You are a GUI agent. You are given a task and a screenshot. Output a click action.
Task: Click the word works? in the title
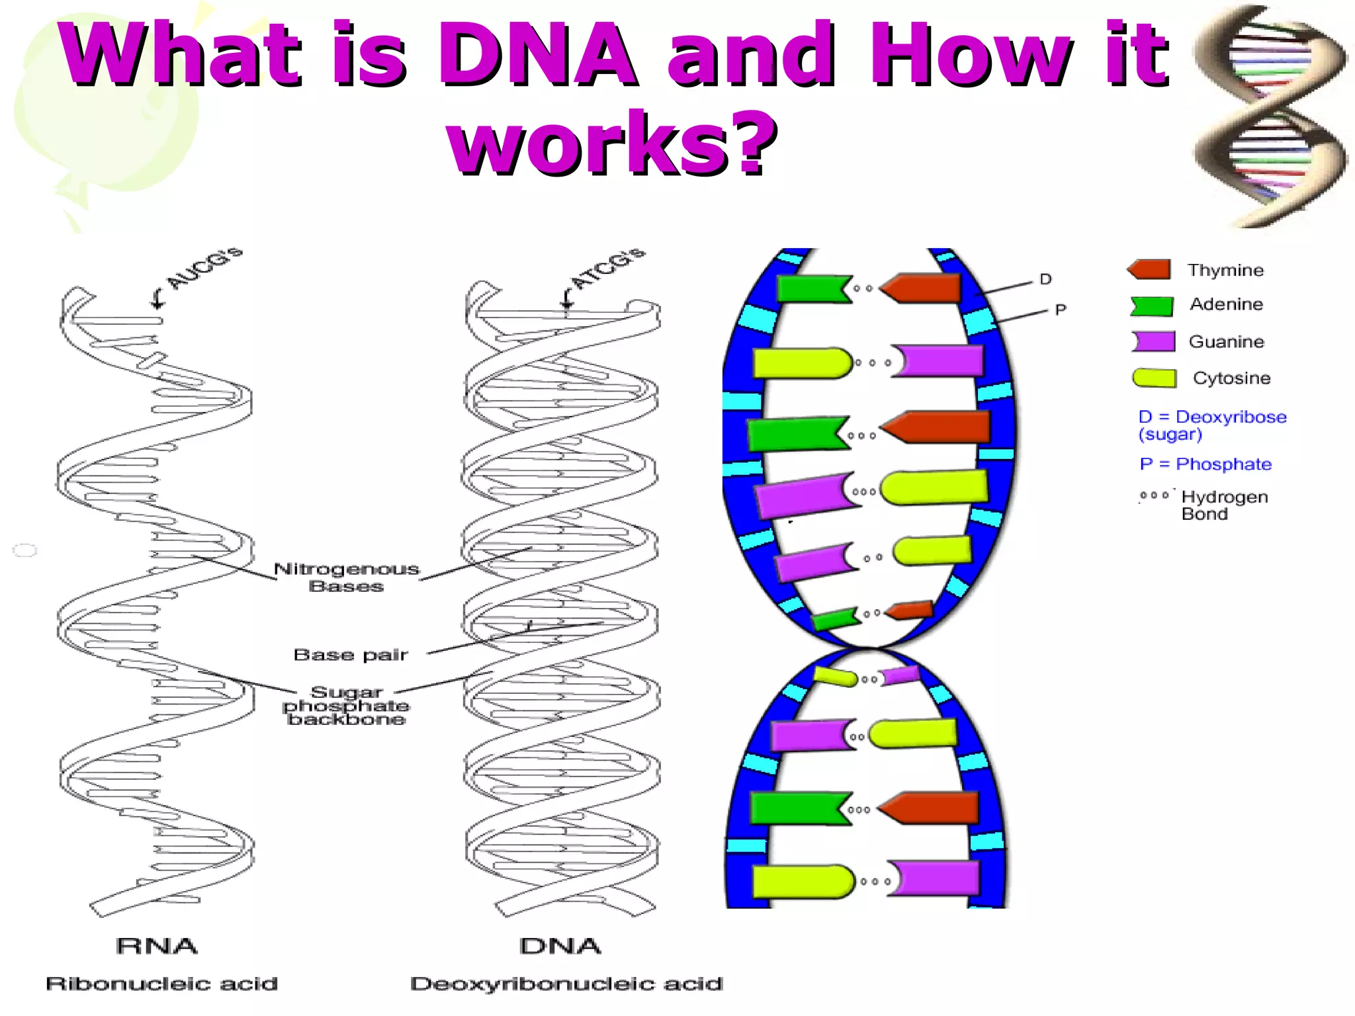point(611,144)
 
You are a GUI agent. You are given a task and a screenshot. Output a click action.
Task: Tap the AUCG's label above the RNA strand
point(205,269)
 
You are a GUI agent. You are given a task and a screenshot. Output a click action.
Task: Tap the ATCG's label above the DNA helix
point(607,269)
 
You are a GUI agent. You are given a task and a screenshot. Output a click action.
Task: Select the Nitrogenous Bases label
point(347,577)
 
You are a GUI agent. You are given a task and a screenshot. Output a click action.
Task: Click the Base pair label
point(351,655)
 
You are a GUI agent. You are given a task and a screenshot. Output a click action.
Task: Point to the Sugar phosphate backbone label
point(346,706)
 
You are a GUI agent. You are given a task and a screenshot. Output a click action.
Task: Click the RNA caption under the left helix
point(157,946)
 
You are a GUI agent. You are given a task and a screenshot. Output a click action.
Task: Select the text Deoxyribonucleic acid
point(566,984)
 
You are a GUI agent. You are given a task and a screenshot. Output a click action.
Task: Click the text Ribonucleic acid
point(162,984)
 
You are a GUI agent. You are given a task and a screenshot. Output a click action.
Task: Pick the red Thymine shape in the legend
point(1150,269)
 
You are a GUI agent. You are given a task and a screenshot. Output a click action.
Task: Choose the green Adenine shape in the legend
point(1152,306)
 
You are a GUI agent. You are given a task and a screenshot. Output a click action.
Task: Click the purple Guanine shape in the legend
point(1153,341)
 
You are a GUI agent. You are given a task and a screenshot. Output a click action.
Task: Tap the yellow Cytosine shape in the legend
point(1154,378)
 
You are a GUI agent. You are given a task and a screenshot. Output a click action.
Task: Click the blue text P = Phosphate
point(1205,464)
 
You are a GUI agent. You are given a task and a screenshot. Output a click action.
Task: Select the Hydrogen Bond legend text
point(1223,505)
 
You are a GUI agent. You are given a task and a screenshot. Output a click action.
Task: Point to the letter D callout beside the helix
point(1045,279)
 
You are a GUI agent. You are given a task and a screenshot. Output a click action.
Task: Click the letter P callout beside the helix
point(1061,310)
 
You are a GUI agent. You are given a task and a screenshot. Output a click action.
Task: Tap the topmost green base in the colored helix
point(812,289)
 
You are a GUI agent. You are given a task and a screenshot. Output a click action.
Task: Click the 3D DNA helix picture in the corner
point(1270,116)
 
